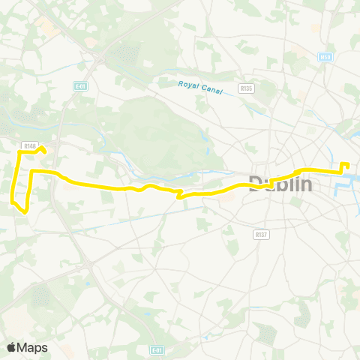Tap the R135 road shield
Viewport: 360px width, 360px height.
(x=245, y=88)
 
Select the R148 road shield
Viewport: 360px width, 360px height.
(x=29, y=145)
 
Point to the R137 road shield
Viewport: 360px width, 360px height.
(x=261, y=234)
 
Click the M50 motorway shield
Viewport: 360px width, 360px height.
(x=325, y=57)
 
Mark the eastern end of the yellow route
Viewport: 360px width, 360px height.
(x=346, y=164)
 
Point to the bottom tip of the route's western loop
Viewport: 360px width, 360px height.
(x=25, y=211)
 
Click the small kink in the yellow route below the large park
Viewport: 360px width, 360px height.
(x=179, y=196)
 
